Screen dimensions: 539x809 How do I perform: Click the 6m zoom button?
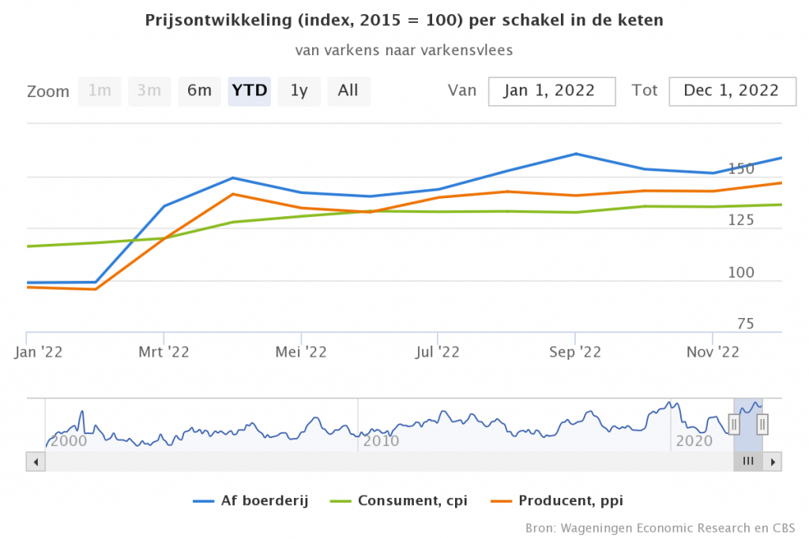tap(199, 91)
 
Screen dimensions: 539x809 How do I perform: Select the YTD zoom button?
tap(250, 91)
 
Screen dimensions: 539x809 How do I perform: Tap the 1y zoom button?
tap(299, 91)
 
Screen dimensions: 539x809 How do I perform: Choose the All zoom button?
tap(348, 91)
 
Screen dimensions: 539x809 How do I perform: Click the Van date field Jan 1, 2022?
tap(551, 91)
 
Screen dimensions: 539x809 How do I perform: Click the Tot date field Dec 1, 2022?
tap(731, 91)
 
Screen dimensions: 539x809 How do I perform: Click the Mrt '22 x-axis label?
tap(163, 352)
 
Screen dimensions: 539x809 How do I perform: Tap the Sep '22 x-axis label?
tap(575, 352)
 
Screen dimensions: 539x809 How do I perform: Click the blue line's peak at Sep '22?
tap(576, 154)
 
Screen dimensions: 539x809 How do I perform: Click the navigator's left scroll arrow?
tap(34, 462)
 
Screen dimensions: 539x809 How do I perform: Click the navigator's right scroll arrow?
tap(773, 462)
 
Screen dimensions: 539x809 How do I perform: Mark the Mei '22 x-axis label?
tap(301, 352)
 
